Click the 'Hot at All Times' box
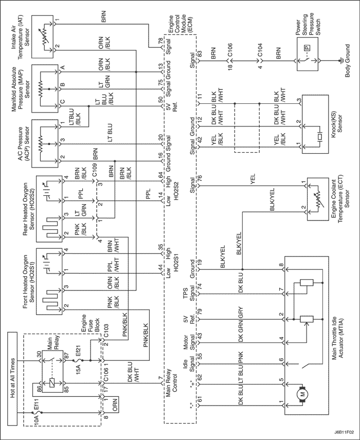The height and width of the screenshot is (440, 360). click(13, 378)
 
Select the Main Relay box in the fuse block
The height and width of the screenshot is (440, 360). click(53, 371)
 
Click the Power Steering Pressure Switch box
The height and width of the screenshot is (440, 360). click(308, 54)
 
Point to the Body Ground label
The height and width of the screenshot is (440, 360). click(348, 61)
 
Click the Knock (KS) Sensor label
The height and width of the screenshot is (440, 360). click(337, 123)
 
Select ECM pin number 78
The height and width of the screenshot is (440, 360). click(160, 41)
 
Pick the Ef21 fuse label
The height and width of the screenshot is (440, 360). click(79, 356)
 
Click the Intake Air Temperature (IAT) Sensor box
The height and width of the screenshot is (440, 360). click(42, 37)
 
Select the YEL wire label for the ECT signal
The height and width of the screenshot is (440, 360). click(253, 179)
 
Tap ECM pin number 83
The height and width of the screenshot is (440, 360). click(200, 54)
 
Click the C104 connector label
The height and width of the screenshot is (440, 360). click(259, 50)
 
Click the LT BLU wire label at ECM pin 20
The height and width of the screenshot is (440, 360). click(110, 133)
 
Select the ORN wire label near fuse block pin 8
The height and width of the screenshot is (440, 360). click(115, 405)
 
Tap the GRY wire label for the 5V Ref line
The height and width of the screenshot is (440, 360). click(241, 313)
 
